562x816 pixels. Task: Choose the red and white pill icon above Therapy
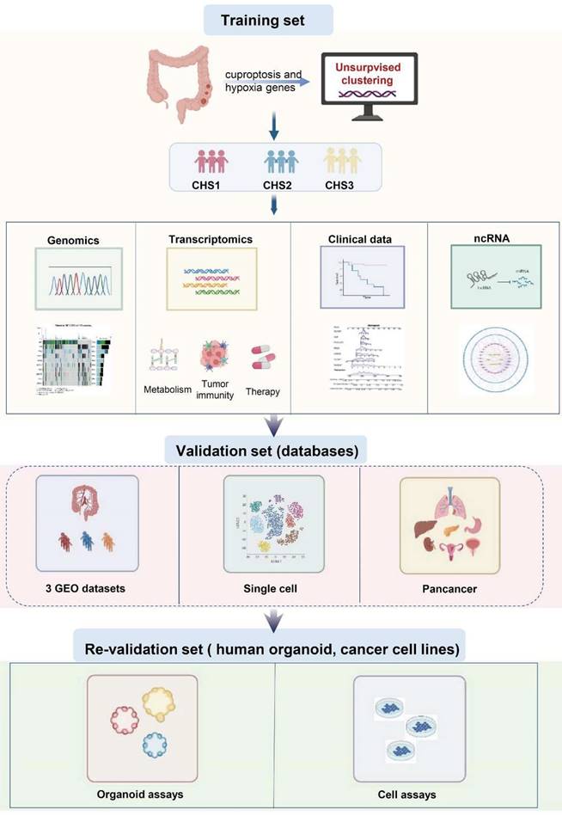(262, 357)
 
